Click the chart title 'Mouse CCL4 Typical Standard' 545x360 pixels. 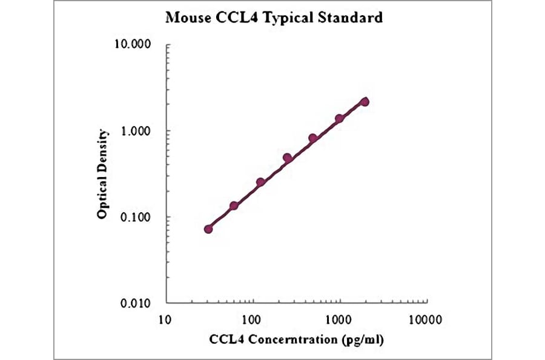[x=274, y=18]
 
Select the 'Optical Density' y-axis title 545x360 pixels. [x=103, y=174]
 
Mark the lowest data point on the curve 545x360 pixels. [x=208, y=229]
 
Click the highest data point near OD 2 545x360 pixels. [x=365, y=102]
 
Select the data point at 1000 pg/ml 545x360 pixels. [x=339, y=119]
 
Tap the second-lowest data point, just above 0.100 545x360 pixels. [x=234, y=206]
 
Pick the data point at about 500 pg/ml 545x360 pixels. [x=313, y=139]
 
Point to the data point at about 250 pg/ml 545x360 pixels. [x=287, y=158]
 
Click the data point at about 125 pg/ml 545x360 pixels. [x=260, y=182]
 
